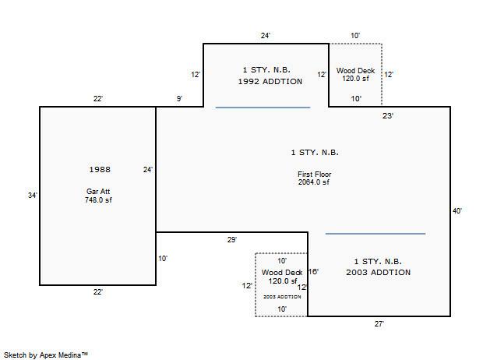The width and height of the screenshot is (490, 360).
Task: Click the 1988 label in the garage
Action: click(x=100, y=169)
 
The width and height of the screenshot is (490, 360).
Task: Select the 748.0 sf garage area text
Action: click(x=100, y=200)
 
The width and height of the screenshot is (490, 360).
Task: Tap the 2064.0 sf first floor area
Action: click(x=314, y=182)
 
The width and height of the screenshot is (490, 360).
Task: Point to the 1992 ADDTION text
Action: click(x=270, y=82)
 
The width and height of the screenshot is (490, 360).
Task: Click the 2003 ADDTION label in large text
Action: click(x=379, y=273)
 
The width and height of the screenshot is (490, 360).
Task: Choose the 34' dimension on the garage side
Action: click(x=32, y=196)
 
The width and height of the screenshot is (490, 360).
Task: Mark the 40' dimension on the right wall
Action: click(x=457, y=211)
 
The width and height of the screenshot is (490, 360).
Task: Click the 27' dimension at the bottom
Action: click(x=379, y=323)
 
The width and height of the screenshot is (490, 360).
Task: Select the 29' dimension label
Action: click(x=232, y=240)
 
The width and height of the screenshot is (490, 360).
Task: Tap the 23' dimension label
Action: click(x=388, y=116)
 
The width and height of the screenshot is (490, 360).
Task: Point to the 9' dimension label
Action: click(x=179, y=99)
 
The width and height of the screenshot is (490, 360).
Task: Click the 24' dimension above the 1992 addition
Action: click(x=266, y=36)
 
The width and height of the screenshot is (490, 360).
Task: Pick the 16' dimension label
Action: click(x=313, y=272)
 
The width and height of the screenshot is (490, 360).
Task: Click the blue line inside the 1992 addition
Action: click(x=263, y=108)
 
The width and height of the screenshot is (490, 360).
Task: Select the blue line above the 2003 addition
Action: click(x=375, y=234)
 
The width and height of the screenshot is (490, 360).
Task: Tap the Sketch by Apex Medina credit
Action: click(x=46, y=355)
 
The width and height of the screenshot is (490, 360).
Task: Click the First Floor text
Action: click(x=314, y=174)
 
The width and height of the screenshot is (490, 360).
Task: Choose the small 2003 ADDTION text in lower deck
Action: click(x=281, y=297)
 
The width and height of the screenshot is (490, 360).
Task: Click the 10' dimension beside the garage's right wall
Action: click(x=163, y=258)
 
